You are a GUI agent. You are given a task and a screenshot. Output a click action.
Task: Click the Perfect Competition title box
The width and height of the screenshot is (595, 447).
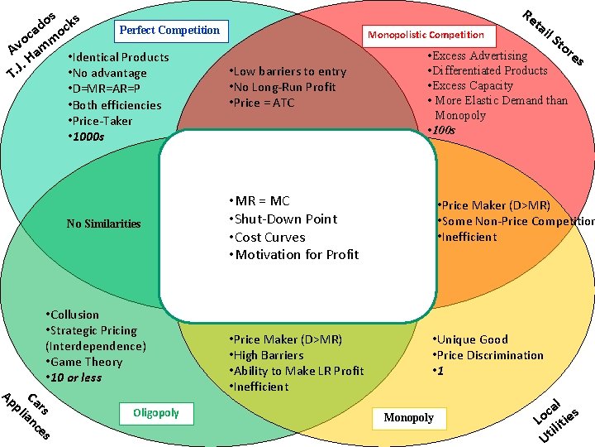pos(169,31)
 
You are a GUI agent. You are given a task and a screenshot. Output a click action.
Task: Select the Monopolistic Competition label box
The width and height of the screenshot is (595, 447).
pos(426,35)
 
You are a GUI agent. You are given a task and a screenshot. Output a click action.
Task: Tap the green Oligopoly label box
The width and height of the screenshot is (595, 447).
pos(155,412)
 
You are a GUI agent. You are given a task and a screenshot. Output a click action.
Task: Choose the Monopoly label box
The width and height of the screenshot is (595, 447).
pos(408,417)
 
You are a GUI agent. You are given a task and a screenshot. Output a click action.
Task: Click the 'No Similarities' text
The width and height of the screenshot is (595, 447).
pos(103,223)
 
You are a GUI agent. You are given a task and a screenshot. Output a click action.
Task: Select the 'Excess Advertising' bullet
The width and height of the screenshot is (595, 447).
pos(477,55)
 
